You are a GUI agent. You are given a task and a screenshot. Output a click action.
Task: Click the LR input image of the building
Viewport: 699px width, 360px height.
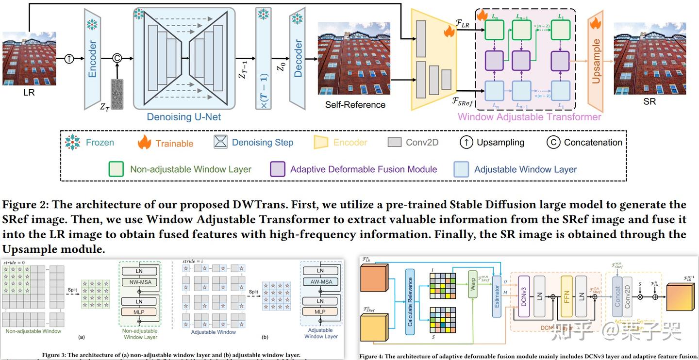coord(29,58)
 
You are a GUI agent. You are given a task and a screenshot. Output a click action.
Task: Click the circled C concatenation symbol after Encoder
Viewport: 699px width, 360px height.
coord(116,58)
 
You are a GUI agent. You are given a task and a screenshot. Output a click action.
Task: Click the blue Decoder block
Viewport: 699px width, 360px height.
coord(298,58)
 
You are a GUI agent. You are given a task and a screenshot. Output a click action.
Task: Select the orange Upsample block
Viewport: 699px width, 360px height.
coord(596,61)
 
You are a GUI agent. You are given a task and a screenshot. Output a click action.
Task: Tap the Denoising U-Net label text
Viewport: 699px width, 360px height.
coord(184,117)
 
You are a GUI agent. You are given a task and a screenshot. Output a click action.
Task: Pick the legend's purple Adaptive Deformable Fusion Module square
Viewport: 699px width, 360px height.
coord(277,169)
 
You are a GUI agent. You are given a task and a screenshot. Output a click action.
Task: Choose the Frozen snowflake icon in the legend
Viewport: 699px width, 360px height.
coord(73,142)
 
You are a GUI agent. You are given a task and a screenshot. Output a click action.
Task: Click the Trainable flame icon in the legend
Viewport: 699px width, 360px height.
coord(144,142)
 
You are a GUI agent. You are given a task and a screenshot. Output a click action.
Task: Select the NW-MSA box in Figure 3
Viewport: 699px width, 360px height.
coord(139,282)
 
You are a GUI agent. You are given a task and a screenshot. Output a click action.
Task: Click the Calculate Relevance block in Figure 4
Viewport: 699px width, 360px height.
coord(410,301)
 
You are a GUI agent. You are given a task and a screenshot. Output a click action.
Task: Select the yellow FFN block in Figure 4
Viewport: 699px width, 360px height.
coord(566,296)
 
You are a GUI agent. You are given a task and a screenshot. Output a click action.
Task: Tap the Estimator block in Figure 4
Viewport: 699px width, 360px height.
coord(496,296)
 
